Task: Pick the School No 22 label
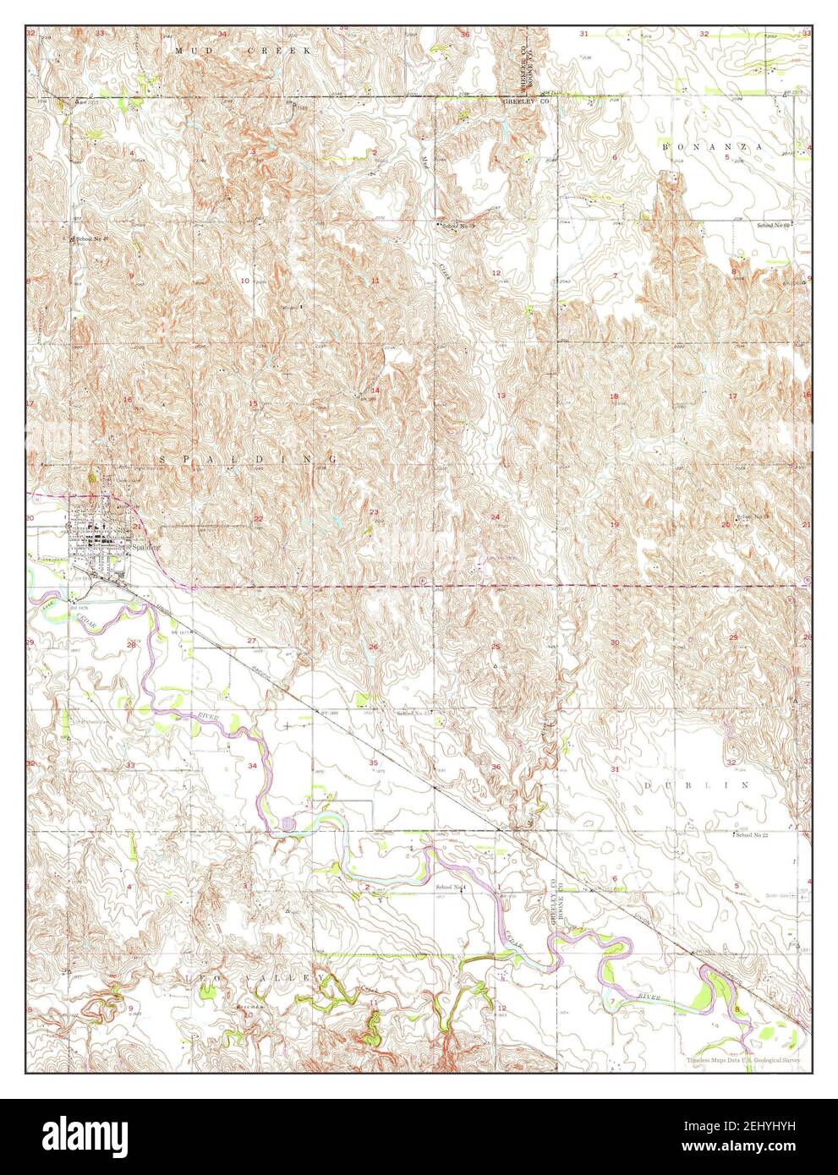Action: [753, 835]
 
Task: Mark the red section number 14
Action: [375, 390]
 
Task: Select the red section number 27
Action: [251, 641]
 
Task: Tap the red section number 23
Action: [373, 512]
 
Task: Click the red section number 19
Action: [615, 525]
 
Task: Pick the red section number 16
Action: [128, 400]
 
